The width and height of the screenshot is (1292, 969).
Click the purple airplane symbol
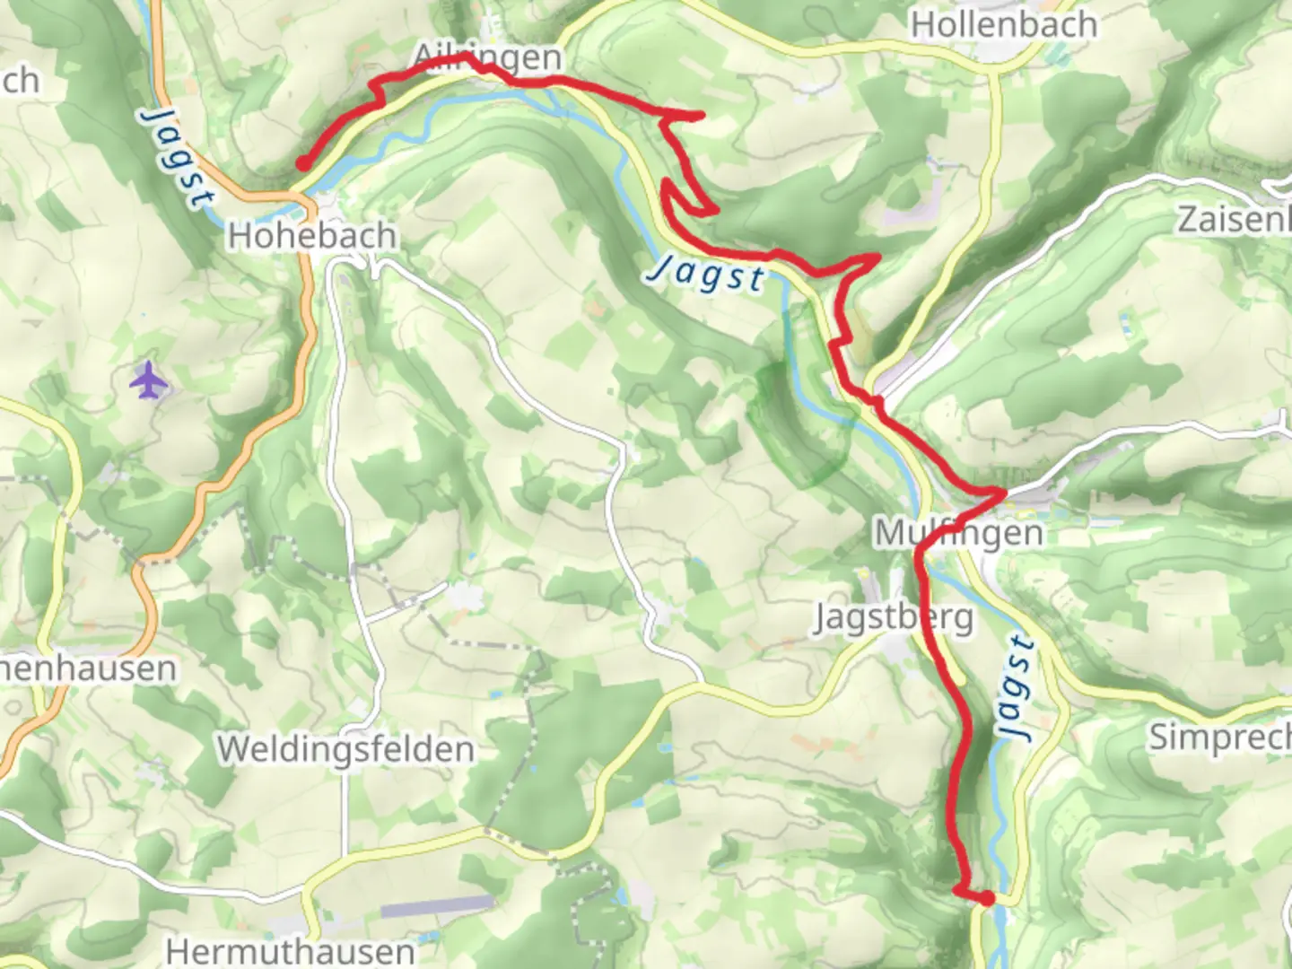coord(149,381)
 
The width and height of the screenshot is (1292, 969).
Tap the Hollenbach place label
coord(1004,24)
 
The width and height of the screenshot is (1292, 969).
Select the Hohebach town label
coord(311,236)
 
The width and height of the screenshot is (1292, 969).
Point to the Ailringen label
coord(487,57)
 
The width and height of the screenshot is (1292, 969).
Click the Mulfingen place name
coord(959,533)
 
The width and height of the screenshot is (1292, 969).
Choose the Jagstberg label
coord(893,618)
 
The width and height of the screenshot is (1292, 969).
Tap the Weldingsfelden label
coord(345,749)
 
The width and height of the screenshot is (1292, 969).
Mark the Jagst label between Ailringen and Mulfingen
coord(708,273)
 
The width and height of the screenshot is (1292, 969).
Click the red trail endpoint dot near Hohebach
coord(304,164)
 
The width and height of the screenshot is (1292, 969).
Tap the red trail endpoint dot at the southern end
coord(987,898)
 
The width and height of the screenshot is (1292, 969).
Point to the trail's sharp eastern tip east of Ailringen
coord(701,115)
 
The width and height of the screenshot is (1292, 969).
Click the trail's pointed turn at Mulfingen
coord(1002,491)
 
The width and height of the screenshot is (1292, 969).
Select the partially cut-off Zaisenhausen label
coord(1234,220)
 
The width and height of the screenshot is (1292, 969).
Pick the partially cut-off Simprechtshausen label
coord(1220,738)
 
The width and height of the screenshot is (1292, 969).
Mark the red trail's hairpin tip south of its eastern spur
coord(715,212)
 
